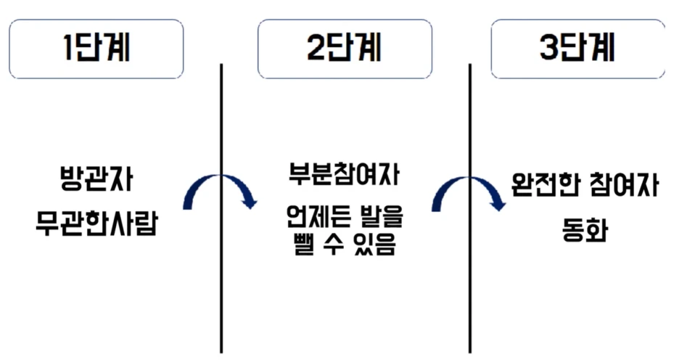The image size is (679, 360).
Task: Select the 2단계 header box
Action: click(x=344, y=49)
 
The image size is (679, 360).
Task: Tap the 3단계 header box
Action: click(x=577, y=49)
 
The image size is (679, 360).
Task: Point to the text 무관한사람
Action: click(x=96, y=221)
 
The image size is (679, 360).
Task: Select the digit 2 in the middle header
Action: click(x=315, y=49)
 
